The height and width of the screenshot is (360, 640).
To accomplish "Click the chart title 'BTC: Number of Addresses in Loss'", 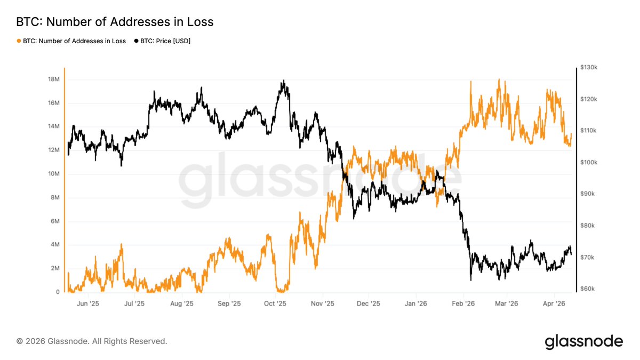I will click(x=115, y=22).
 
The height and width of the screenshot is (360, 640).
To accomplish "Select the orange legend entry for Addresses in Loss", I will click(x=71, y=41).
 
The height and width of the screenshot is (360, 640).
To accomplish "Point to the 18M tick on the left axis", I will click(x=53, y=79).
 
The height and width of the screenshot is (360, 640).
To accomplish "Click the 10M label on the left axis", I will click(x=53, y=174).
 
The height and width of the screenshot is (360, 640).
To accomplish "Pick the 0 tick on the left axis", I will click(x=57, y=292).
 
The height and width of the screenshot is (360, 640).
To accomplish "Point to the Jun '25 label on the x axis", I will click(x=88, y=303).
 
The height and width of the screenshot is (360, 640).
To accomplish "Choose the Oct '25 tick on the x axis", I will click(x=276, y=303).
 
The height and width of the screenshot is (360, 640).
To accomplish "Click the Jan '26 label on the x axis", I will click(x=416, y=303).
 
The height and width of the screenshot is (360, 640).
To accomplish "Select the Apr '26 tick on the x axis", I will click(x=554, y=303).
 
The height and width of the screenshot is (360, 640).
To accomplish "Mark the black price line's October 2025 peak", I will click(x=284, y=81).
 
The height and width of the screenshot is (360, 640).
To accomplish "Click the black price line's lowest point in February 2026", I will click(x=471, y=280).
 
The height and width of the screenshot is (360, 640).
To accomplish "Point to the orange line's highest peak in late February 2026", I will click(x=499, y=79).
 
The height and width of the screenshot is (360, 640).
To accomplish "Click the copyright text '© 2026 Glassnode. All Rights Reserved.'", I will click(x=92, y=341).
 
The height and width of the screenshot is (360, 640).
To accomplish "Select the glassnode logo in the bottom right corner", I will click(x=583, y=341).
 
